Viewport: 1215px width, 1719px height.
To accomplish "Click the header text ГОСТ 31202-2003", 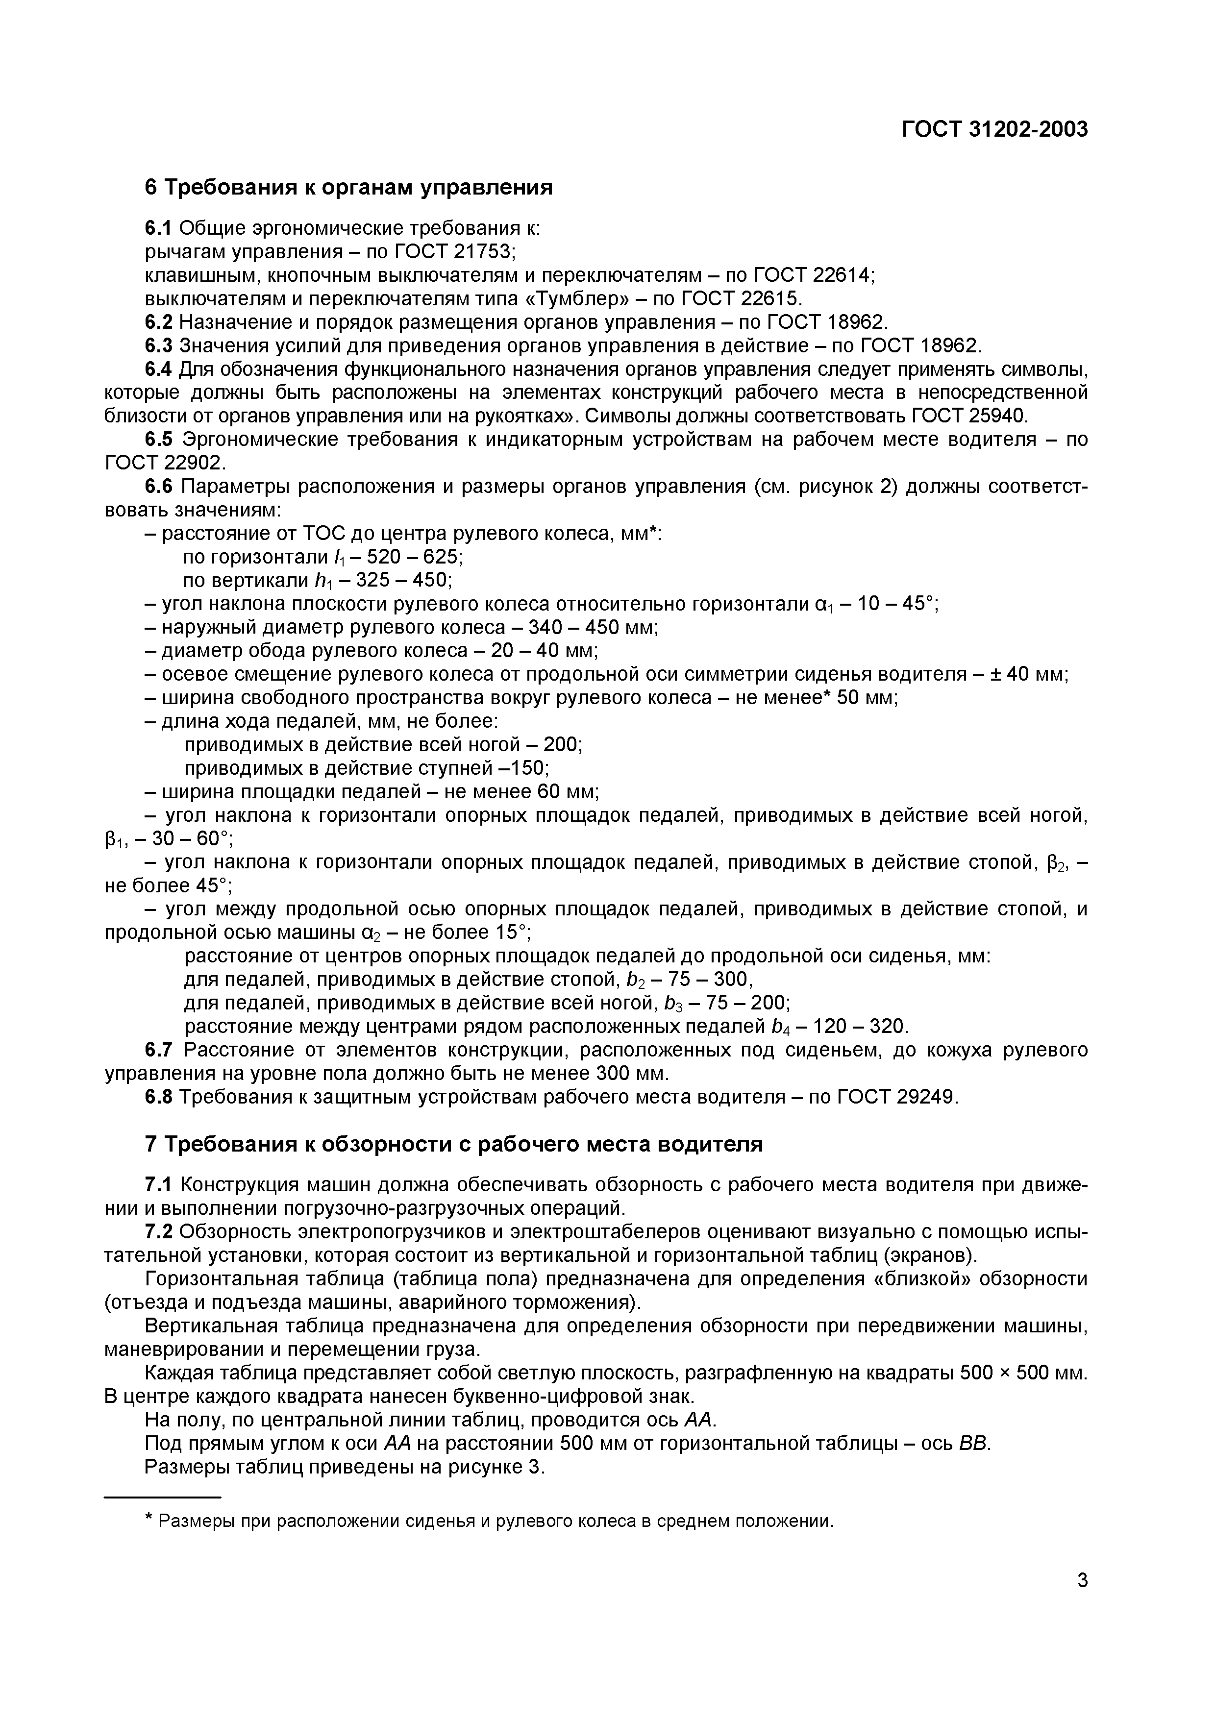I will tap(994, 129).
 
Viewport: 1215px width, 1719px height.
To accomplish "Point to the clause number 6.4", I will tap(158, 369).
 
